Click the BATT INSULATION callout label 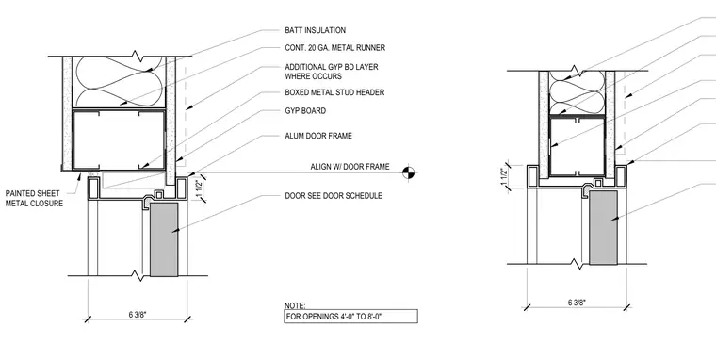pyautogui.click(x=315, y=30)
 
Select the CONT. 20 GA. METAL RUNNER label pyautogui.click(x=334, y=47)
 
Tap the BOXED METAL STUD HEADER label pyautogui.click(x=334, y=92)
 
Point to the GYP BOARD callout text pyautogui.click(x=305, y=111)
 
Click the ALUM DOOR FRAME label pyautogui.click(x=318, y=136)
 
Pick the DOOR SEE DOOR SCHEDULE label pyautogui.click(x=334, y=196)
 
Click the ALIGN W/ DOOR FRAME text pyautogui.click(x=350, y=167)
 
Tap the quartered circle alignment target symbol pyautogui.click(x=409, y=172)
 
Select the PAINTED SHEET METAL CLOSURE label pyautogui.click(x=34, y=198)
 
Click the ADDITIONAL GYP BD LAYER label pyautogui.click(x=332, y=72)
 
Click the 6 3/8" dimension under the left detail pyautogui.click(x=138, y=314)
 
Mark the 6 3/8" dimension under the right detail pyautogui.click(x=578, y=303)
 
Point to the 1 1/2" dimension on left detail pyautogui.click(x=199, y=189)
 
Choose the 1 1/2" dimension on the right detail pyautogui.click(x=504, y=177)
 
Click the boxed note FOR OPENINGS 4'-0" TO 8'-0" pyautogui.click(x=350, y=316)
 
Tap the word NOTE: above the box pyautogui.click(x=295, y=305)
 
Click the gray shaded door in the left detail pyautogui.click(x=164, y=239)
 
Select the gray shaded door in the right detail pyautogui.click(x=603, y=227)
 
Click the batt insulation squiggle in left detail pyautogui.click(x=120, y=82)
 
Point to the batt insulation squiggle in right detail pyautogui.click(x=578, y=92)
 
